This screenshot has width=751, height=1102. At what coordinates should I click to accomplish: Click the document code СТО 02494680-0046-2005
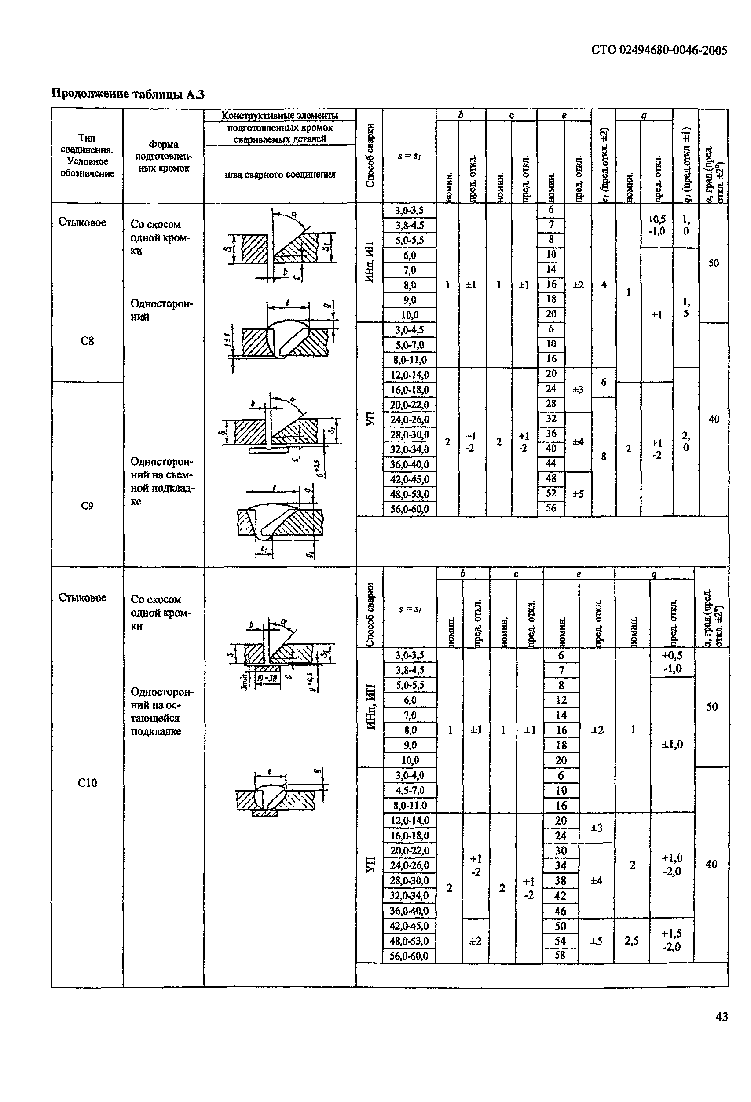(659, 50)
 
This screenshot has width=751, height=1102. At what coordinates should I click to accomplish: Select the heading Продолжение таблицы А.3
(128, 94)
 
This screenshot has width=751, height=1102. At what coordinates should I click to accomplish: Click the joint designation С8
(87, 340)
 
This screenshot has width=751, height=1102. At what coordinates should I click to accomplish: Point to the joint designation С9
(87, 505)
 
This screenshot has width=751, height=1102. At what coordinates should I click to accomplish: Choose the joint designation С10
(87, 783)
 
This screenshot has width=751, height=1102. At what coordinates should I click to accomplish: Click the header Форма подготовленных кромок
(163, 156)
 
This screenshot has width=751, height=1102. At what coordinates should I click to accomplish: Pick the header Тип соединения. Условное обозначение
(87, 156)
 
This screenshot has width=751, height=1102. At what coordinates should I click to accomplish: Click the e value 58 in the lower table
(561, 955)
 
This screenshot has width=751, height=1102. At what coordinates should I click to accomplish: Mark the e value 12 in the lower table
(561, 700)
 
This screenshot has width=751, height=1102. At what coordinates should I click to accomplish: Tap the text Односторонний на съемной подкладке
(162, 481)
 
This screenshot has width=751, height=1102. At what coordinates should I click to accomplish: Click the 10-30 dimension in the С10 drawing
(267, 679)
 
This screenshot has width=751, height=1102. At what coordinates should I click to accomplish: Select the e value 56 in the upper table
(551, 508)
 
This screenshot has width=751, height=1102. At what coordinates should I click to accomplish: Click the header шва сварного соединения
(280, 175)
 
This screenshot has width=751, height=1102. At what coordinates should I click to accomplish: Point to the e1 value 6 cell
(604, 382)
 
